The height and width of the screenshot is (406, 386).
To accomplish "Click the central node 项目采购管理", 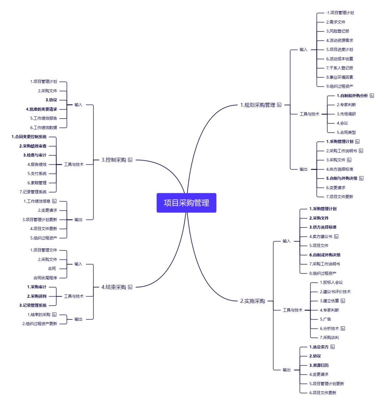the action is [x=187, y=203].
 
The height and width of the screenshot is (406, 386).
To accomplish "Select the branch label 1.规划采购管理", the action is [x=258, y=105].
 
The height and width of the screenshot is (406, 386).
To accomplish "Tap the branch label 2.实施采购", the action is [x=252, y=301].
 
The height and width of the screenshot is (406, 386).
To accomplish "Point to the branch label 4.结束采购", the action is [x=114, y=287].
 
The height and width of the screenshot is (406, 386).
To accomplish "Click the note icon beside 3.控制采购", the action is [x=130, y=160].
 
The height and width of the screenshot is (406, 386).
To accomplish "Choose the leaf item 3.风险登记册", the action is [x=337, y=31].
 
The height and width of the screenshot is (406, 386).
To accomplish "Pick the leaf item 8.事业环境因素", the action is [x=340, y=77].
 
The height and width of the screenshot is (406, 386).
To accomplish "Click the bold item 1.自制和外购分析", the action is [x=352, y=96].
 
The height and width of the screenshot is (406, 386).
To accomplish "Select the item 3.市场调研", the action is [x=346, y=114].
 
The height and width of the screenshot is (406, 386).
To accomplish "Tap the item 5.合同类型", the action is [x=346, y=132].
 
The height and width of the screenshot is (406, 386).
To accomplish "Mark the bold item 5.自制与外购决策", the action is [x=342, y=178].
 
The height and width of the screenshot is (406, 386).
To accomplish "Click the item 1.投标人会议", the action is [x=331, y=282].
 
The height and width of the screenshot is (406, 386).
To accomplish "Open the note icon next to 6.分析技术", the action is [x=343, y=328].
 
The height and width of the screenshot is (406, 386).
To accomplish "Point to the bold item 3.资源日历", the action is [x=319, y=365].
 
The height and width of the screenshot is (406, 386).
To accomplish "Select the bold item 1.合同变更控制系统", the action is [x=29, y=136].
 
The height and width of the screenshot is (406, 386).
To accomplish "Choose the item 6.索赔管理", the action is [x=37, y=182].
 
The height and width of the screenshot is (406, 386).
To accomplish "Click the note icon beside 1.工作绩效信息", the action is [x=54, y=201].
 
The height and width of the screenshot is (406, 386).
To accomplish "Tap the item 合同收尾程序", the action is [x=45, y=277].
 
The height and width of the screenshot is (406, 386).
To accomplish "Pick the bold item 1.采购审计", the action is [x=37, y=287].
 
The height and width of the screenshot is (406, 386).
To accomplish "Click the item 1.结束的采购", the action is [x=39, y=314].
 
